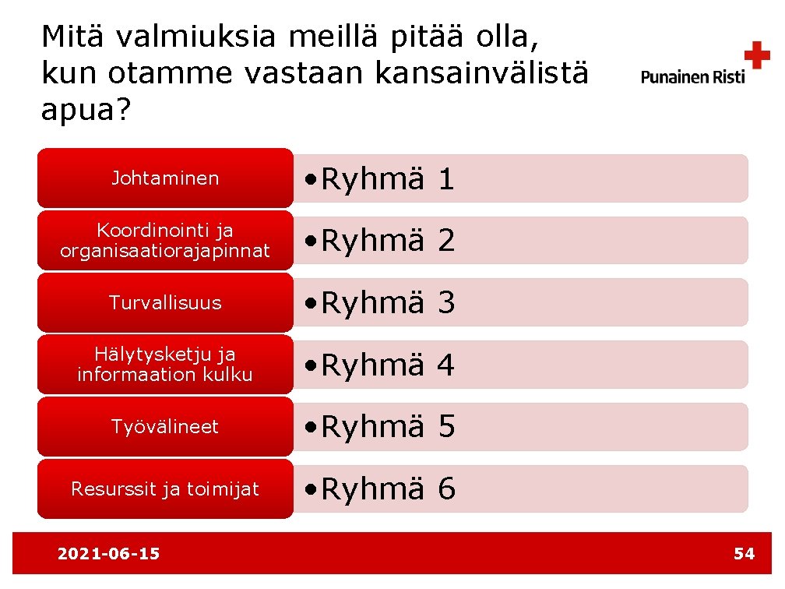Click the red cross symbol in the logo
pyautogui.click(x=756, y=55)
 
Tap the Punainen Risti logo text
pyautogui.click(x=692, y=76)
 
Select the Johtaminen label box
pyautogui.click(x=165, y=178)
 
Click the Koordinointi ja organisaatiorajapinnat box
pyautogui.click(x=165, y=241)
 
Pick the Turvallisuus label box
pyautogui.click(x=165, y=302)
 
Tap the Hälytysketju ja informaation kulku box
pyautogui.click(x=165, y=365)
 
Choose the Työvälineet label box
pyautogui.click(x=165, y=427)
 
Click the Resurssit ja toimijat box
pyautogui.click(x=165, y=489)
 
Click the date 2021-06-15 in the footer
pyautogui.click(x=109, y=554)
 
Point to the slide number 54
pyautogui.click(x=744, y=554)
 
